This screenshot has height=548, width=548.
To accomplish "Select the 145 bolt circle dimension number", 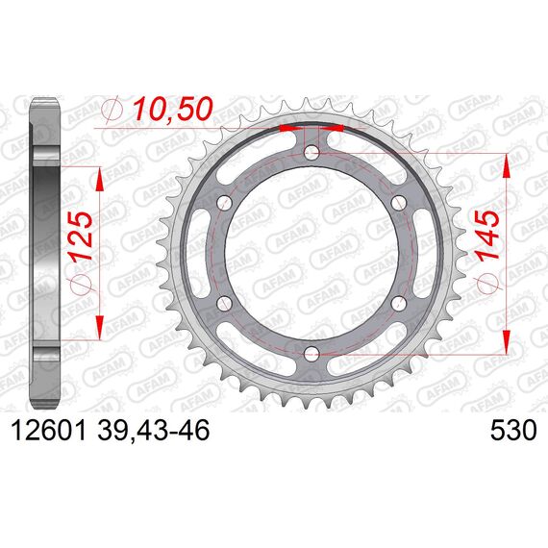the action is (x=487, y=236).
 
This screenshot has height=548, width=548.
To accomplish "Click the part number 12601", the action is (x=48, y=430).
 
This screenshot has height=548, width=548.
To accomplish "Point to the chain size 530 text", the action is (x=513, y=430).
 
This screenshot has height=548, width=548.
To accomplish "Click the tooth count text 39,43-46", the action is (x=154, y=430).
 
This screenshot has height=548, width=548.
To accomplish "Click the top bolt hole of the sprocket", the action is (x=311, y=152).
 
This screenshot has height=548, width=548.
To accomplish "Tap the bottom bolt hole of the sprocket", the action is (x=311, y=354).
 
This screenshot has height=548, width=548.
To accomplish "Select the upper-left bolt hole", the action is (x=225, y=202).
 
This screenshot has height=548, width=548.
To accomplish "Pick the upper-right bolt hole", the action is (x=399, y=202).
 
